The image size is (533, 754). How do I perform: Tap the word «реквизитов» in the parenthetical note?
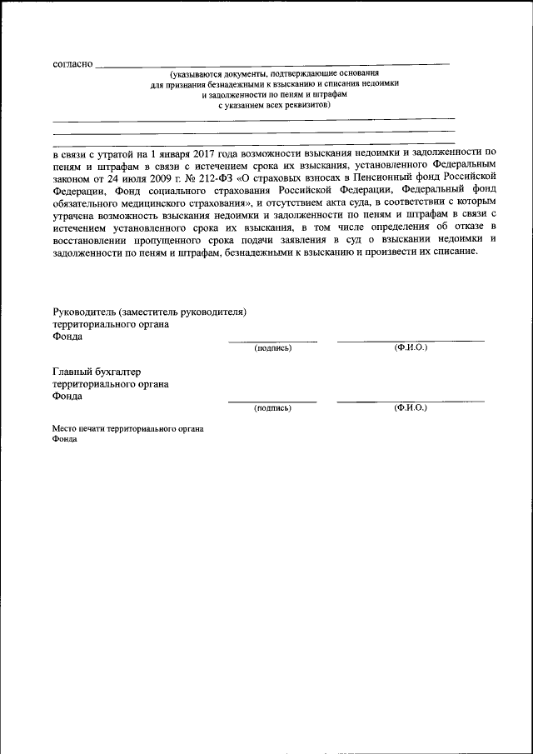click(x=306, y=106)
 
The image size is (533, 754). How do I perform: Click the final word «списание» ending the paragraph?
click(x=454, y=252)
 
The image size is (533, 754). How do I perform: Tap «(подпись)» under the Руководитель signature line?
click(x=272, y=347)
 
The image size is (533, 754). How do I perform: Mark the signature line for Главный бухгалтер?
click(x=272, y=402)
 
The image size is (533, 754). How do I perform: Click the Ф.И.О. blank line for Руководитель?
click(x=410, y=341)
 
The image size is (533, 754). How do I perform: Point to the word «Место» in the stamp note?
click(x=64, y=428)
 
